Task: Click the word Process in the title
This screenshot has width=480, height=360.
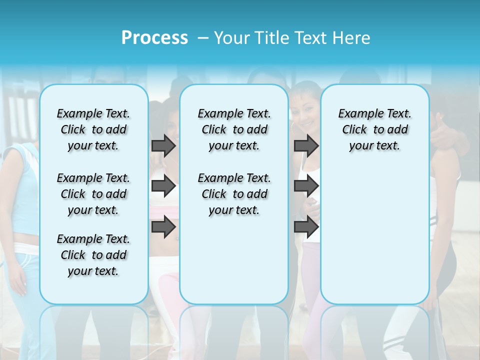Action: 154,38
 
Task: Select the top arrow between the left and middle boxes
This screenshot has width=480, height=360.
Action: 163,145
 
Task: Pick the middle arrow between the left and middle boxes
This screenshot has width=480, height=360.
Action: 163,186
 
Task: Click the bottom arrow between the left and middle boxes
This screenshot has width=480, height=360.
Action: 163,226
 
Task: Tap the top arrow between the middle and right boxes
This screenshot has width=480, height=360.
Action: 306,145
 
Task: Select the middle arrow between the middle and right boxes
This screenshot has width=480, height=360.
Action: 306,186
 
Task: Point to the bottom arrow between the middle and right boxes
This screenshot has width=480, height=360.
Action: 306,226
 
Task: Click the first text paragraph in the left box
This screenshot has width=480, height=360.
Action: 93,129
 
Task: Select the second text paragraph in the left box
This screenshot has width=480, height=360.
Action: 93,194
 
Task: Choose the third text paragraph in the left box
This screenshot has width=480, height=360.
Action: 93,255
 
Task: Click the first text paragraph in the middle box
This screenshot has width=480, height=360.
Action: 234,129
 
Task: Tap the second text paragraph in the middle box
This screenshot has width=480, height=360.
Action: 234,194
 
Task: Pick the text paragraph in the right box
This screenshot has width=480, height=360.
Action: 374,129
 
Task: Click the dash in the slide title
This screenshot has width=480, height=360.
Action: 203,38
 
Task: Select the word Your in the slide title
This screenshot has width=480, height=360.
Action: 230,38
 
